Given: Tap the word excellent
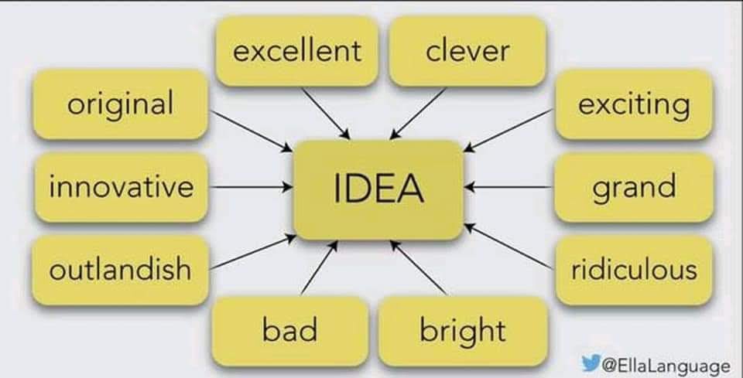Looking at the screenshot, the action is pyautogui.click(x=297, y=51).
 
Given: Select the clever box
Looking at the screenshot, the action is pyautogui.click(x=467, y=51).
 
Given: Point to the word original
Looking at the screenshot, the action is pyautogui.click(x=120, y=104).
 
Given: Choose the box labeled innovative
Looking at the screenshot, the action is pyautogui.click(x=120, y=187).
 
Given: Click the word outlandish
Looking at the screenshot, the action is pyautogui.click(x=120, y=269).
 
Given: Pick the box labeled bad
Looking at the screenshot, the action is pyautogui.click(x=289, y=330).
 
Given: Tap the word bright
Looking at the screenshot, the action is pyautogui.click(x=462, y=330).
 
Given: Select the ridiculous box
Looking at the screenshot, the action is pyautogui.click(x=634, y=270).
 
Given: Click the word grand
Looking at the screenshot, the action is pyautogui.click(x=634, y=187).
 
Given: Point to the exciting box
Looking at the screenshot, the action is pyautogui.click(x=634, y=104).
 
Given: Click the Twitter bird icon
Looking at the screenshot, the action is pyautogui.click(x=591, y=362).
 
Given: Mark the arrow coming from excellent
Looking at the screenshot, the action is pyautogui.click(x=325, y=113).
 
